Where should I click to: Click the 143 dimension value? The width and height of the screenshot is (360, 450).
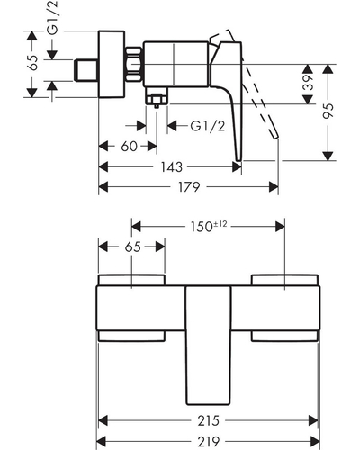pyautogui.click(x=171, y=167)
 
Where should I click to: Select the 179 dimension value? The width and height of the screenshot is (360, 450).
pyautogui.click(x=189, y=187)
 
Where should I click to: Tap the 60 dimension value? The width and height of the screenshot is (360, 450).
pyautogui.click(x=129, y=147)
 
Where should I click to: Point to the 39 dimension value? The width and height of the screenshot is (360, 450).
pyautogui.click(x=308, y=83)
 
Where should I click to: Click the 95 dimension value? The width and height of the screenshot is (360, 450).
pyautogui.click(x=328, y=111)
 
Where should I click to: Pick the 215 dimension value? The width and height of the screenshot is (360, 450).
pyautogui.click(x=208, y=420)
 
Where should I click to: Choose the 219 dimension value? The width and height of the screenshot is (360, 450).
pyautogui.click(x=208, y=441)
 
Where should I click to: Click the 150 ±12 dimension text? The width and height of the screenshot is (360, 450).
pyautogui.click(x=209, y=227)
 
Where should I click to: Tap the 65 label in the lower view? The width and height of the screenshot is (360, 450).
pyautogui.click(x=132, y=247)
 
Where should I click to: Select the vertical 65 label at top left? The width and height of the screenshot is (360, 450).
pyautogui.click(x=32, y=62)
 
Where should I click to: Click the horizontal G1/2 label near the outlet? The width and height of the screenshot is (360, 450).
pyautogui.click(x=208, y=126)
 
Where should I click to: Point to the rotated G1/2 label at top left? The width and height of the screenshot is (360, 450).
pyautogui.click(x=54, y=18)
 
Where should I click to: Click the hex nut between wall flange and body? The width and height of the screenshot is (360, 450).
pyautogui.click(x=134, y=64)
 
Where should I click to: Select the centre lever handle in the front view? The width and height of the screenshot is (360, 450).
pyautogui.click(x=208, y=346)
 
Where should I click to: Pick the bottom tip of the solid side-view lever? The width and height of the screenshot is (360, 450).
pyautogui.click(x=238, y=159)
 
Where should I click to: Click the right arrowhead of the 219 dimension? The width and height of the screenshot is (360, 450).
pyautogui.click(x=315, y=441)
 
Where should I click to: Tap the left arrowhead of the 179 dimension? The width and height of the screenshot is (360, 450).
pyautogui.click(x=103, y=187)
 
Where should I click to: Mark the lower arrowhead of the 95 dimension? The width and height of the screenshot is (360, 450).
pyautogui.click(x=328, y=156)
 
